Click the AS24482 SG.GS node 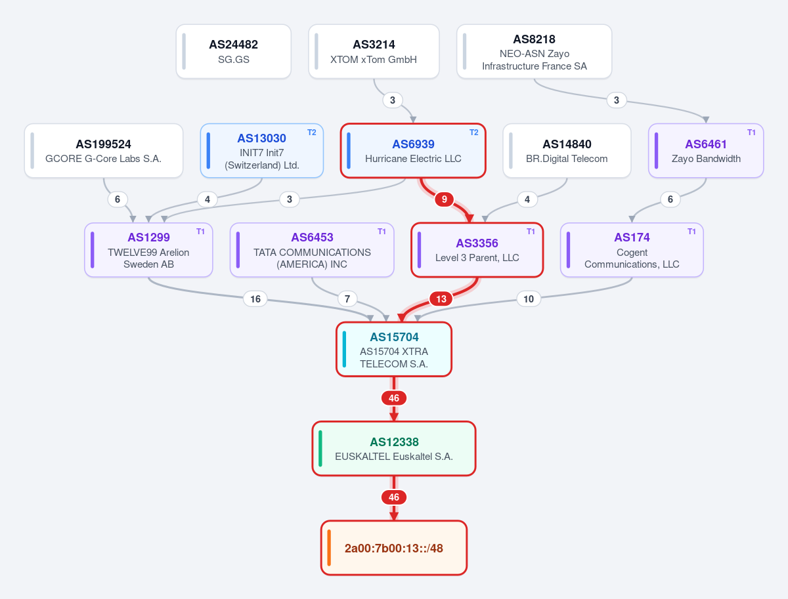[233, 51]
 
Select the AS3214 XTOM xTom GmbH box [374, 51]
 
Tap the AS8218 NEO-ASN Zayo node [534, 51]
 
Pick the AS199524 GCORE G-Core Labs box [104, 151]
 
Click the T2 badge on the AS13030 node [312, 133]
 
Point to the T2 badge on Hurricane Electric [474, 133]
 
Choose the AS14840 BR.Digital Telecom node [567, 151]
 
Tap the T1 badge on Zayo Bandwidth [751, 133]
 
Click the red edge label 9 [445, 199]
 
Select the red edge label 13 [441, 299]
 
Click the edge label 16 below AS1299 [255, 299]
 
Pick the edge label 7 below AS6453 [347, 299]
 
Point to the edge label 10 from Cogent [529, 299]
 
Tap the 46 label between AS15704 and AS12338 [394, 398]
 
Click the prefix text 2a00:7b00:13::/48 [394, 548]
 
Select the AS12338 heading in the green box [394, 442]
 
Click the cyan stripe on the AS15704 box [344, 349]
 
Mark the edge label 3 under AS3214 [393, 100]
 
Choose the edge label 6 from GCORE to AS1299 [118, 199]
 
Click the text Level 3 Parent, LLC [477, 258]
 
